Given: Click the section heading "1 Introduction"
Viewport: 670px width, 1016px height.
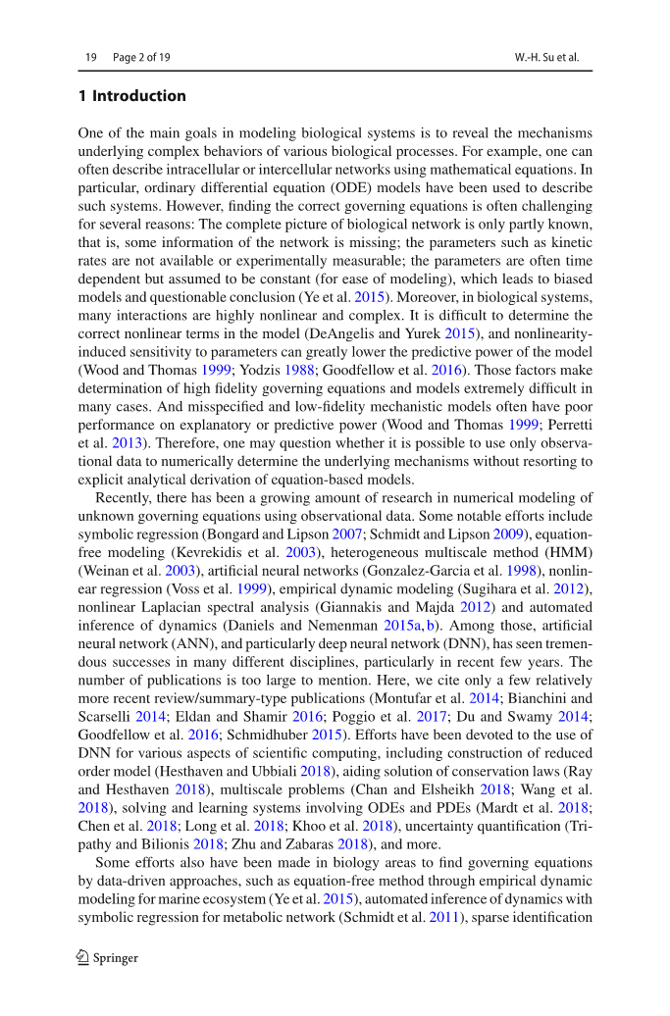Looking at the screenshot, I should point(131,96).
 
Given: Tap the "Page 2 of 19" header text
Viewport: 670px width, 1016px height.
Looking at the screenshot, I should point(141,57).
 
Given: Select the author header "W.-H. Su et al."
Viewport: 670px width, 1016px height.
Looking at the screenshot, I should point(546,57).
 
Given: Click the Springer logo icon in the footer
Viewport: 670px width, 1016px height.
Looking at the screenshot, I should point(83,957).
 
